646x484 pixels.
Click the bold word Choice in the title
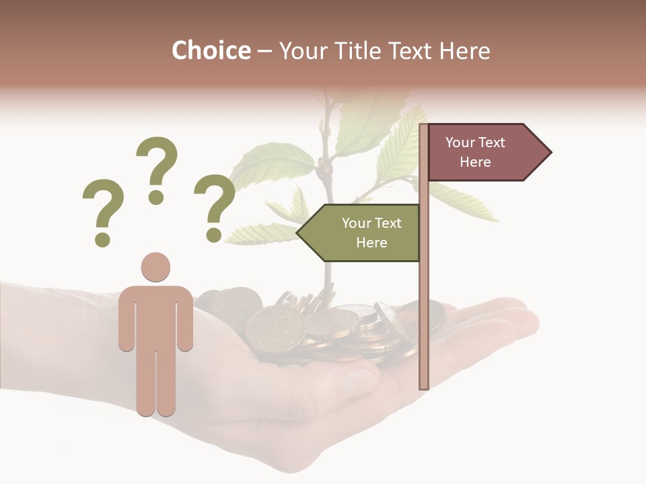click(x=211, y=51)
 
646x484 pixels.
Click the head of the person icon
click(x=155, y=267)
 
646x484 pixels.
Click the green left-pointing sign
click(x=363, y=233)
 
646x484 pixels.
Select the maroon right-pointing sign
click(x=481, y=153)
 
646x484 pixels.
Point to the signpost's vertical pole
click(x=424, y=302)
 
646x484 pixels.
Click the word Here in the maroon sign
click(x=475, y=162)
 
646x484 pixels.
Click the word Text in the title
click(x=409, y=51)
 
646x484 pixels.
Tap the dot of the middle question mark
click(x=156, y=197)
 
